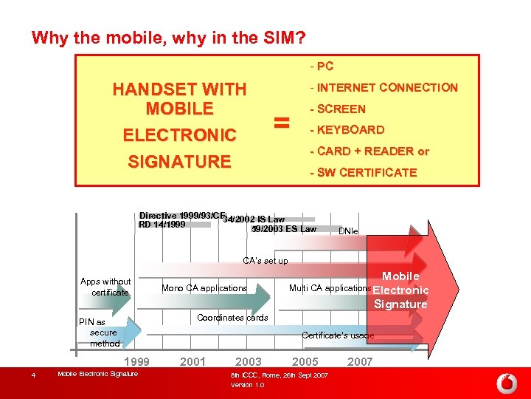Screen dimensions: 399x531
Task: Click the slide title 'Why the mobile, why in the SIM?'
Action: click(169, 37)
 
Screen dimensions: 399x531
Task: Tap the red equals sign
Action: click(281, 123)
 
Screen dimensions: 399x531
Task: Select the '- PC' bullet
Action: click(322, 66)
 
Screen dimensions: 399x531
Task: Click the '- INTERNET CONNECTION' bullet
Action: click(383, 88)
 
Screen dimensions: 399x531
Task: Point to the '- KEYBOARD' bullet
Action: click(347, 130)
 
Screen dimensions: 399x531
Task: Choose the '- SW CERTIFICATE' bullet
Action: click(363, 173)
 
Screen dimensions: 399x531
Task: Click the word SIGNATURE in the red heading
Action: click(179, 162)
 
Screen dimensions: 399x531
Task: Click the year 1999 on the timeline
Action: click(136, 361)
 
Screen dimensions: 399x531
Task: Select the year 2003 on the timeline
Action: click(248, 361)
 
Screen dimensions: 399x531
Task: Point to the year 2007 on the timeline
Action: click(360, 361)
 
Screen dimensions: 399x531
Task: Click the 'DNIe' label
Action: click(348, 231)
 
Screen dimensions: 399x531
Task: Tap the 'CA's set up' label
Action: click(265, 260)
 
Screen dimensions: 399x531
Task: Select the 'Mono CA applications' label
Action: click(204, 288)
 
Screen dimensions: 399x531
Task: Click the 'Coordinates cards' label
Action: click(232, 318)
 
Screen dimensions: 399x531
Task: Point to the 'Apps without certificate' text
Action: click(105, 287)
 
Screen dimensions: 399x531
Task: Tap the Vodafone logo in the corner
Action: click(507, 383)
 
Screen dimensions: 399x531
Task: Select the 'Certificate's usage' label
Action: click(338, 335)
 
